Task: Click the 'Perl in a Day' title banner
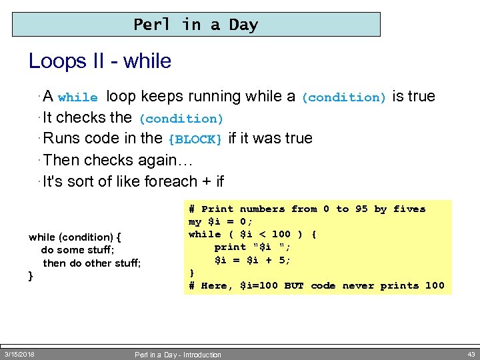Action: [196, 25]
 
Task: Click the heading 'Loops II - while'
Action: [100, 61]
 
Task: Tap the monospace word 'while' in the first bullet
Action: [78, 97]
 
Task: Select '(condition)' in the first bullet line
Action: [344, 97]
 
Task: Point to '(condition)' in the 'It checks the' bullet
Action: [181, 119]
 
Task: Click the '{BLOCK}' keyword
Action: [195, 139]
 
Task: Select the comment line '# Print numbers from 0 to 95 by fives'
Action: [307, 209]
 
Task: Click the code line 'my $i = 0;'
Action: [221, 221]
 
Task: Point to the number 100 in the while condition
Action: [281, 234]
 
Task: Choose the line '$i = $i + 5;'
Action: [253, 260]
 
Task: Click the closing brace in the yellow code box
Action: [192, 273]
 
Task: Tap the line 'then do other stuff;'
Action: [92, 263]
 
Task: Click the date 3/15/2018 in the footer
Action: [20, 353]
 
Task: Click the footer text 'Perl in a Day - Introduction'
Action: [177, 355]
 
